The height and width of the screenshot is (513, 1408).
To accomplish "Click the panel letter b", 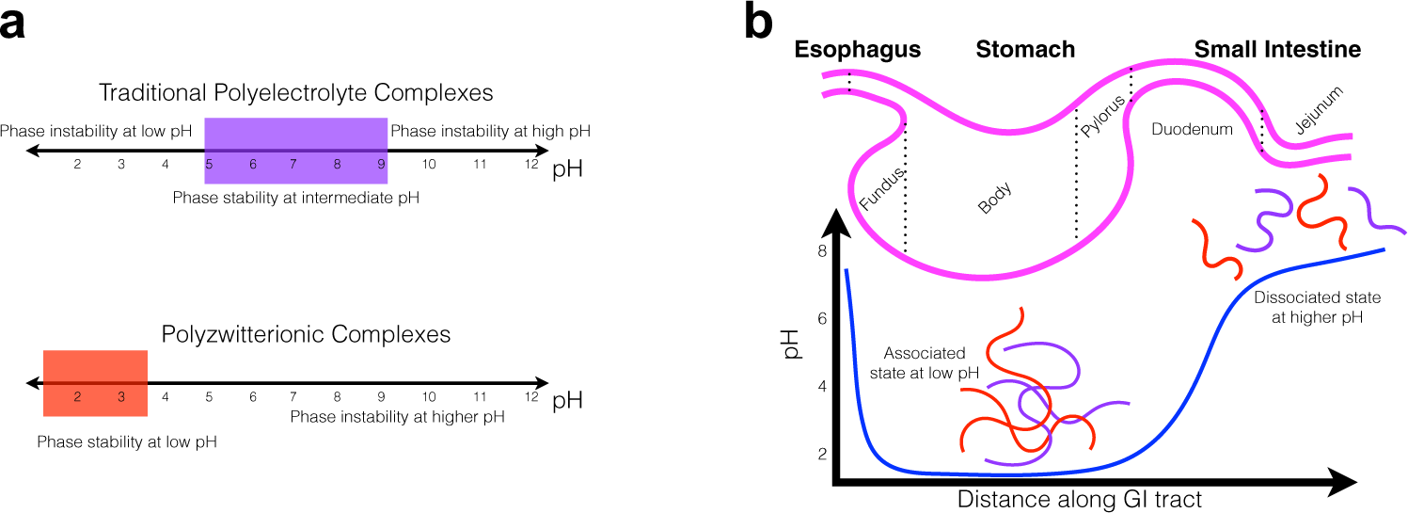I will (x=759, y=23).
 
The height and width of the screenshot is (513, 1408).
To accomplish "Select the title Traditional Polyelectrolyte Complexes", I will (x=296, y=93).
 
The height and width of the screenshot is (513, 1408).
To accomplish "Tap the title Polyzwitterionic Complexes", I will (x=306, y=334).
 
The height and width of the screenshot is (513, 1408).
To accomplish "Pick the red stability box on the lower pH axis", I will (x=95, y=383).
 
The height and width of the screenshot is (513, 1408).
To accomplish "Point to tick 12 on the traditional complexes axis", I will (x=531, y=165).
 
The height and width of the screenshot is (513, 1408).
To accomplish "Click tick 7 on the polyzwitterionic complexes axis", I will (x=293, y=397).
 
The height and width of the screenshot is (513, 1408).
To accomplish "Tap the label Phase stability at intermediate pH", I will (x=296, y=198).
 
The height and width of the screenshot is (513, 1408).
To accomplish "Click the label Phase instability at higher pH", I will (x=397, y=416).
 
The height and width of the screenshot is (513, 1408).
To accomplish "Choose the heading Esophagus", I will (x=857, y=50).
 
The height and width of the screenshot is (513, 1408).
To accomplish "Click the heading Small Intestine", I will (x=1276, y=50).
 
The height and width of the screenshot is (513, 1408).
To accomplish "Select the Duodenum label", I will (x=1192, y=129).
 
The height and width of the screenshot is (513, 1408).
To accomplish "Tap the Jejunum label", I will (x=1319, y=111).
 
